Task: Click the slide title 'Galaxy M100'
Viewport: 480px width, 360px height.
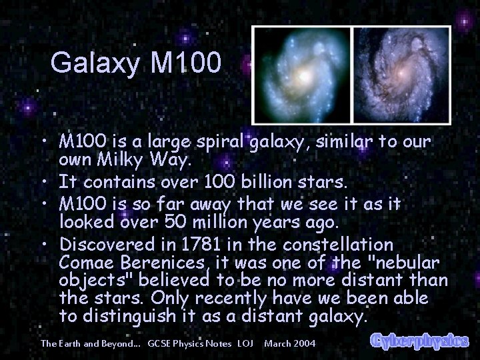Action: [x=134, y=63]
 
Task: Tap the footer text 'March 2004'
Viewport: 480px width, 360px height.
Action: [x=291, y=343]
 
